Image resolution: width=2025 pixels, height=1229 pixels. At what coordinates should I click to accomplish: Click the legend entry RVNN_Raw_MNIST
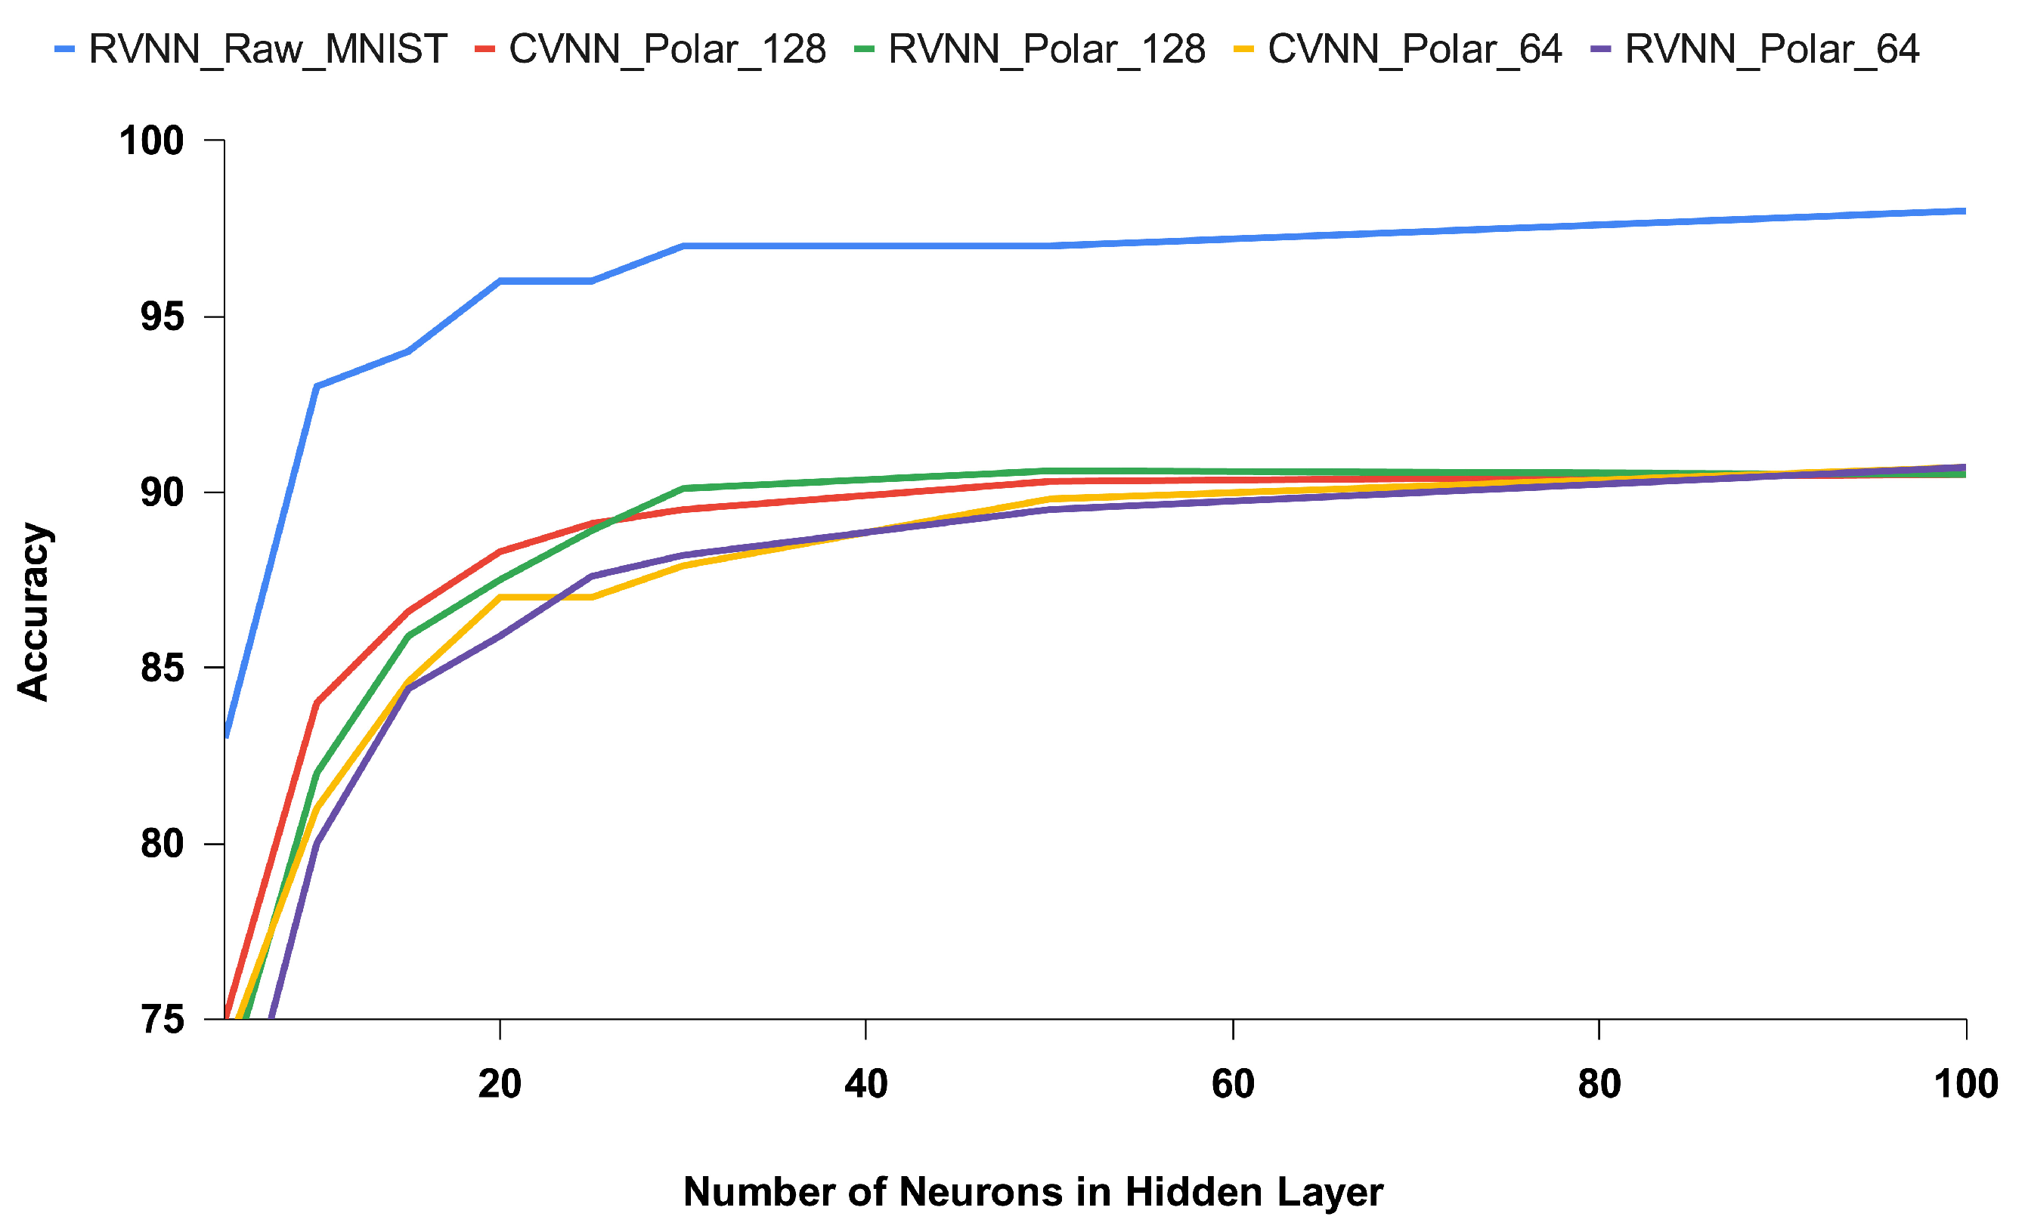pyautogui.click(x=268, y=50)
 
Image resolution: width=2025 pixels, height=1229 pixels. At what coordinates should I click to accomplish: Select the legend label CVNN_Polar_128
pyautogui.click(x=667, y=50)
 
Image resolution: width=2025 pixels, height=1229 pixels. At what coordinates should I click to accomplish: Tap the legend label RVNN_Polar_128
pyautogui.click(x=1046, y=50)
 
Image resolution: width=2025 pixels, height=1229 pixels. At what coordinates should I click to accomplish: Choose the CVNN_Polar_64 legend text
pyautogui.click(x=1413, y=50)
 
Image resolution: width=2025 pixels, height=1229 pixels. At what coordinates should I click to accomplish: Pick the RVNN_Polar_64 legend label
pyautogui.click(x=1772, y=50)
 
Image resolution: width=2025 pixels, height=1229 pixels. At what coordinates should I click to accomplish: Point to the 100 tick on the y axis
pyautogui.click(x=151, y=141)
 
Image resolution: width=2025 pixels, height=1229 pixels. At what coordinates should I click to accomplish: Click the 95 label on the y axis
pyautogui.click(x=162, y=317)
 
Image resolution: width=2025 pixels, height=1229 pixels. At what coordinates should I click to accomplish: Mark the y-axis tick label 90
pyautogui.click(x=162, y=493)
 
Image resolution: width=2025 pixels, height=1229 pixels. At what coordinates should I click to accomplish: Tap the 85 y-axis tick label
pyautogui.click(x=162, y=669)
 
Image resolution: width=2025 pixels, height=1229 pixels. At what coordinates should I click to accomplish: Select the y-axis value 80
pyautogui.click(x=162, y=845)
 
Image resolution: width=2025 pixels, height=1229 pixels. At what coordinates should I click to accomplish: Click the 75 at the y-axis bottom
pyautogui.click(x=162, y=1021)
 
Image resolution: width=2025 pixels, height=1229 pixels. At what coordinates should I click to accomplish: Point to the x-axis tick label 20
pyautogui.click(x=500, y=1085)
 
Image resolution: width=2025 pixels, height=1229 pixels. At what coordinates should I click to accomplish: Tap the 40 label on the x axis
pyautogui.click(x=866, y=1085)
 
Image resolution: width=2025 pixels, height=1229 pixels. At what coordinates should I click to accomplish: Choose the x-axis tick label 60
pyautogui.click(x=1233, y=1085)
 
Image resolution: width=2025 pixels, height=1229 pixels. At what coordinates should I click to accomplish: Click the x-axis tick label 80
pyautogui.click(x=1599, y=1085)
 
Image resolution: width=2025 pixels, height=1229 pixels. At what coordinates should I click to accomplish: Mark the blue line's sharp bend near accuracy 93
pyautogui.click(x=317, y=386)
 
